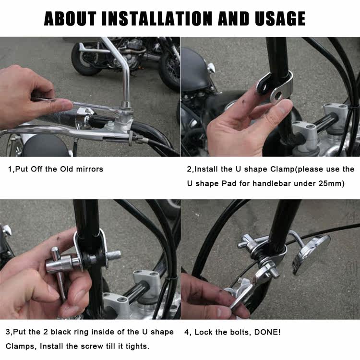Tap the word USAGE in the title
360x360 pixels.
[280, 18]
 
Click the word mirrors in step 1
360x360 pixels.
[90, 169]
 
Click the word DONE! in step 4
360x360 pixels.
[267, 332]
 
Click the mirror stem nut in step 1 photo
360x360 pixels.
[126, 105]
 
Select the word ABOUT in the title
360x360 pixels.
[70, 18]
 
